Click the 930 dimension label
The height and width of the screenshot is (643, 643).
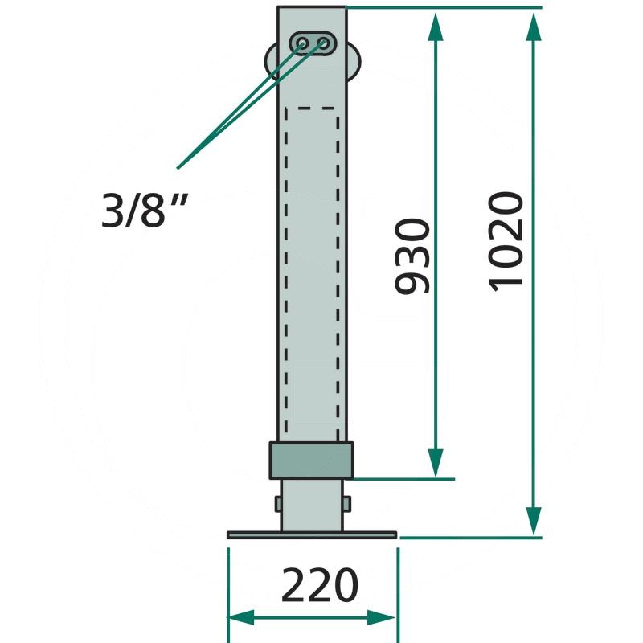(x=415, y=255)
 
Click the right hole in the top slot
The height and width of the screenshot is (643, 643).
(x=324, y=43)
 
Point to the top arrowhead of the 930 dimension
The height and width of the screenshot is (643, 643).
(x=435, y=24)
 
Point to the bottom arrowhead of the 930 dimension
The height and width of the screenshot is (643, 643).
(x=435, y=462)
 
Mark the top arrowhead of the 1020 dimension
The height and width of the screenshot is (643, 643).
(x=533, y=24)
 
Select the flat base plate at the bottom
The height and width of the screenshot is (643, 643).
(x=312, y=534)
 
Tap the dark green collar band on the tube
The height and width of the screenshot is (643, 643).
(x=312, y=461)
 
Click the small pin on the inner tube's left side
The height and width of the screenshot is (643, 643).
(x=277, y=504)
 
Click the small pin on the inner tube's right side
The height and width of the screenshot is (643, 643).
(x=347, y=504)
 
